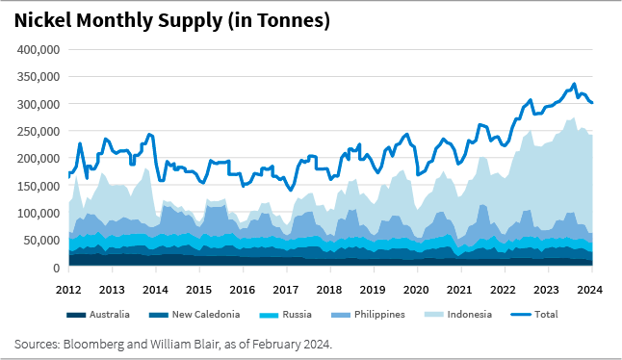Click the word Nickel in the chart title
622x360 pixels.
45,20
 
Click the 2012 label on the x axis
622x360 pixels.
68,289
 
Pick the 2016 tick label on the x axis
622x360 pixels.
242,289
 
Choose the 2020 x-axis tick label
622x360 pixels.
416,289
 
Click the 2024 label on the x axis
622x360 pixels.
590,289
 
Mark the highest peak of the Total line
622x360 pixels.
574,84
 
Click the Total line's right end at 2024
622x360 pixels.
591,103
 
